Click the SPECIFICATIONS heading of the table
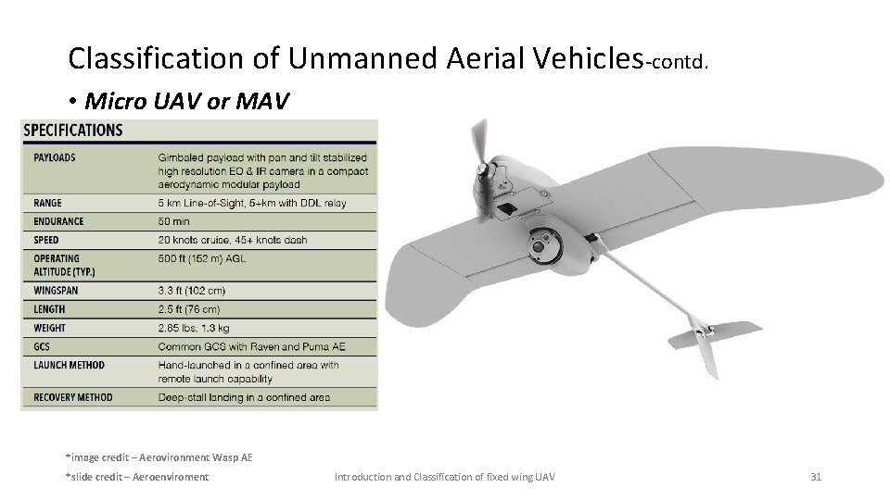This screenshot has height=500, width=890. coord(73,131)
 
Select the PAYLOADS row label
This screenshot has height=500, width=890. coord(55,157)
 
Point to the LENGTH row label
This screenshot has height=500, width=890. coord(49,309)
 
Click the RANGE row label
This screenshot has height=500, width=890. coord(47,203)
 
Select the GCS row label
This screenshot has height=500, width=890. coord(43,346)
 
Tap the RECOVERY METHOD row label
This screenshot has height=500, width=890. coord(73,397)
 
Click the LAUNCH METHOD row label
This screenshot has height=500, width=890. coord(70,365)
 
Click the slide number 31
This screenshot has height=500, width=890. coord(816,477)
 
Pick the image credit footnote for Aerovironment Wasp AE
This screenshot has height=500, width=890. coord(159,456)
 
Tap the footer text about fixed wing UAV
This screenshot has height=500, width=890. coord(444,477)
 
